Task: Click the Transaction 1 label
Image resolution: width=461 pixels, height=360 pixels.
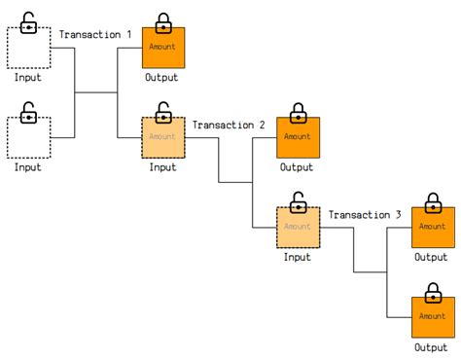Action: [x=95, y=35]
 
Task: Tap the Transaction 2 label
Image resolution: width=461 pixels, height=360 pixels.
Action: [x=229, y=125]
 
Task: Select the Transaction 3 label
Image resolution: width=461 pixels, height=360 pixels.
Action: [x=365, y=214]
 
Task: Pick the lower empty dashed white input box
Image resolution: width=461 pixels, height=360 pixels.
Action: [x=28, y=137]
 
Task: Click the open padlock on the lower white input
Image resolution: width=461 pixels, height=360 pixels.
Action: [x=29, y=111]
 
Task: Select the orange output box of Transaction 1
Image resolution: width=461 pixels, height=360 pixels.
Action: [x=162, y=47]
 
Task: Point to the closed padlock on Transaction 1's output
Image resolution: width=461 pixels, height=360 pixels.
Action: [x=162, y=21]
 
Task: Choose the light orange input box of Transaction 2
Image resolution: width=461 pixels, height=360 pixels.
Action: [x=162, y=137]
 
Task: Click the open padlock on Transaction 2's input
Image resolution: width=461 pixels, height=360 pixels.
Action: [x=163, y=111]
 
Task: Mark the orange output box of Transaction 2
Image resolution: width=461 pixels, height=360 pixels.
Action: [x=297, y=137]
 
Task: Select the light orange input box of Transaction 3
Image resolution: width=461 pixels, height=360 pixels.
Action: [x=297, y=227]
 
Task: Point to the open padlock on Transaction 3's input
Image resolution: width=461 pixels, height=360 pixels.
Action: [x=298, y=201]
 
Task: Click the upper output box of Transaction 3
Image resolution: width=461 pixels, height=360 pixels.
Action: [x=432, y=227]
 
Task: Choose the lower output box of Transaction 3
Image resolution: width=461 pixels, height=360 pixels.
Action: [x=432, y=316]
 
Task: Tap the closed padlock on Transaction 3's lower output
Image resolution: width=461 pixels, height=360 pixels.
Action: [x=432, y=291]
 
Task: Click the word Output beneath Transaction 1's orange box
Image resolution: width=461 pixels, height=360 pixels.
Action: [x=162, y=77]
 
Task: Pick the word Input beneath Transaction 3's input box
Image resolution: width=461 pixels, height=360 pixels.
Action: [x=297, y=257]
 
